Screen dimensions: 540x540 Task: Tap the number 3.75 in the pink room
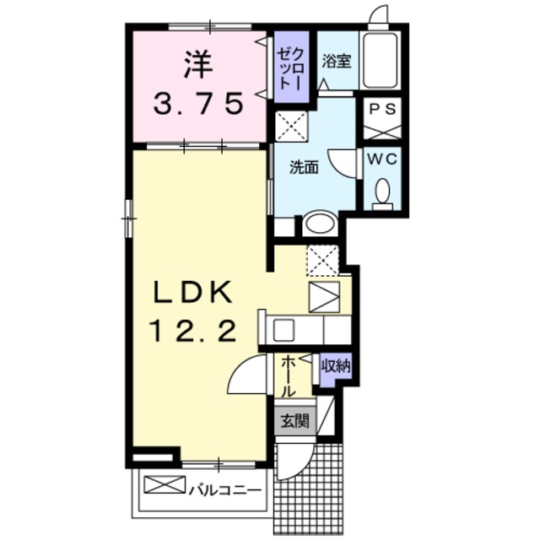199,103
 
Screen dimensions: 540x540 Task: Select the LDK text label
192,292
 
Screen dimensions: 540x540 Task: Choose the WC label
383,157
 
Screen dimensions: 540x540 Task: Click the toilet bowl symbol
383,192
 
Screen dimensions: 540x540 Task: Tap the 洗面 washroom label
304,167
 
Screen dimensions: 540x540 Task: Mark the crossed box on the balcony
163,485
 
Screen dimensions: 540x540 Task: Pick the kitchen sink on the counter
283,327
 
